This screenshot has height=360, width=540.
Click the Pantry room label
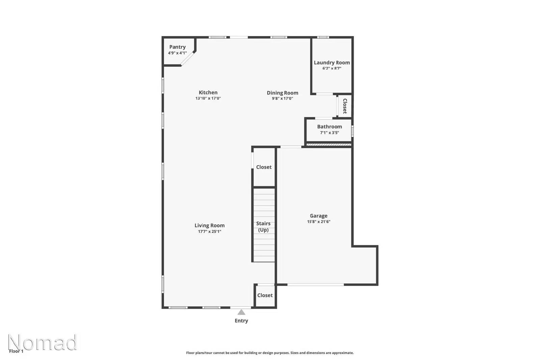(177, 47)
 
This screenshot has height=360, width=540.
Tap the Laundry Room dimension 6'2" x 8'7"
(332, 68)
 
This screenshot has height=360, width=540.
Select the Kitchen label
(208, 92)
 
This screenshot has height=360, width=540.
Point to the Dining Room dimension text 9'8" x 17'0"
(282, 99)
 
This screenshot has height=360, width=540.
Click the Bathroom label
(329, 127)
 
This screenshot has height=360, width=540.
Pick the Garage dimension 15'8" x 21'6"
(319, 222)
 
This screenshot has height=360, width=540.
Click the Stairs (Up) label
(263, 226)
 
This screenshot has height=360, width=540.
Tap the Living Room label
(209, 225)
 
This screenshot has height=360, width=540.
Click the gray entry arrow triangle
(241, 312)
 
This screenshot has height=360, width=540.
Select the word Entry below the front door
(241, 321)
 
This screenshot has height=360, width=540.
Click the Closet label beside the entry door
(265, 295)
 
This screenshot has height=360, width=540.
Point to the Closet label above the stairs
(264, 167)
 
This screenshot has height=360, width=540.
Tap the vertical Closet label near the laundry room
(345, 106)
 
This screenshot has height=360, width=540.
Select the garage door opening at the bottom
(316, 285)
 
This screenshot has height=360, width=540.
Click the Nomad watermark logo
(43, 342)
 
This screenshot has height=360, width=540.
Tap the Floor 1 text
(16, 351)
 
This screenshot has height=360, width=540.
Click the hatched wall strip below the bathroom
(328, 145)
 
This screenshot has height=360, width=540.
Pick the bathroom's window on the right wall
(352, 131)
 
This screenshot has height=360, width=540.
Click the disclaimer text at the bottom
(270, 353)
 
